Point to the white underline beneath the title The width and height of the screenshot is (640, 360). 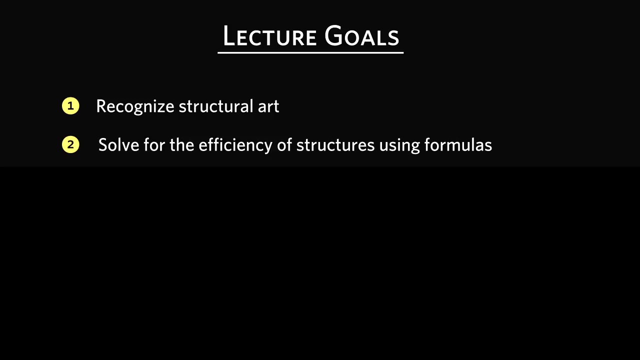tap(310, 52)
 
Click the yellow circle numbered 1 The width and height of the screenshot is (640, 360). tap(70, 106)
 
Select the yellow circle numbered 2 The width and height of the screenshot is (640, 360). tap(70, 144)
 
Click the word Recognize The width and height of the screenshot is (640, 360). tap(135, 107)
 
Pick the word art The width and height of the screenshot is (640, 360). tap(268, 107)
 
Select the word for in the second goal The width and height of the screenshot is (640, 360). tap(154, 144)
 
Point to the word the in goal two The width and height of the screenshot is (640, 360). tap(181, 144)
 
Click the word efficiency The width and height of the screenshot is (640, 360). tap(235, 145)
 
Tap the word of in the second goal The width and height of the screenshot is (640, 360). tap(284, 144)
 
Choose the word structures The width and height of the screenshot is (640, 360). tap(335, 145)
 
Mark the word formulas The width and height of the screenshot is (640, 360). tap(458, 144)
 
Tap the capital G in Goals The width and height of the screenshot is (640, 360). tap(333, 35)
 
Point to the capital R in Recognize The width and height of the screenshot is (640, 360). tap(101, 106)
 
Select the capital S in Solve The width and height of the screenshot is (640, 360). tap(103, 144)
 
